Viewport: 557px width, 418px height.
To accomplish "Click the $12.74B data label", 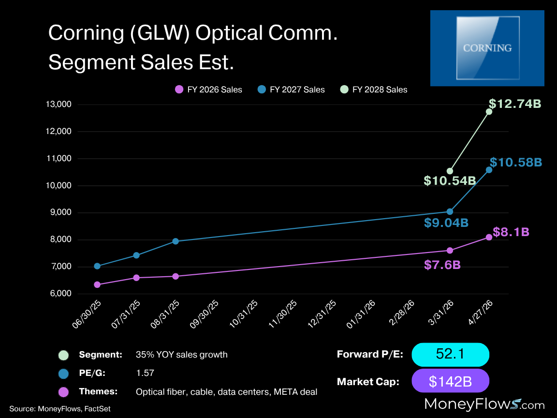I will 514,104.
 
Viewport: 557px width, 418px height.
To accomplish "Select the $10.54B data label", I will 450,181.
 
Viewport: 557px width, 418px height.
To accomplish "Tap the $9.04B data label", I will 446,223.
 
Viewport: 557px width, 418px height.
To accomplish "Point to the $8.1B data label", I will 511,232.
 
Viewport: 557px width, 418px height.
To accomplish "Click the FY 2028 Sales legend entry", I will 374,90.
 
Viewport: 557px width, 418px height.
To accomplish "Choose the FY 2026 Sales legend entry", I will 208,90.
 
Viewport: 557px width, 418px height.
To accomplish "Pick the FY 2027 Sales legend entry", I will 291,90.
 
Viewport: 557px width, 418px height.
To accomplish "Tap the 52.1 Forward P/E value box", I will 450,355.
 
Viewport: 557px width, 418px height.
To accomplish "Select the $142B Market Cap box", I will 450,381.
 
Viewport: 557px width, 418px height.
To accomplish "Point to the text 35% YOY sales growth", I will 182,355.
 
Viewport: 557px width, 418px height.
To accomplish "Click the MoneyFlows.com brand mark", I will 484,404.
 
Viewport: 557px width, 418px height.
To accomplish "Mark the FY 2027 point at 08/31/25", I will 176,241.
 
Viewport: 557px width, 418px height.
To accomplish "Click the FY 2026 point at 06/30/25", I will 97,284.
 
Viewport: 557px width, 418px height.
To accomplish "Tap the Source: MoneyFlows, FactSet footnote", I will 59,409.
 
